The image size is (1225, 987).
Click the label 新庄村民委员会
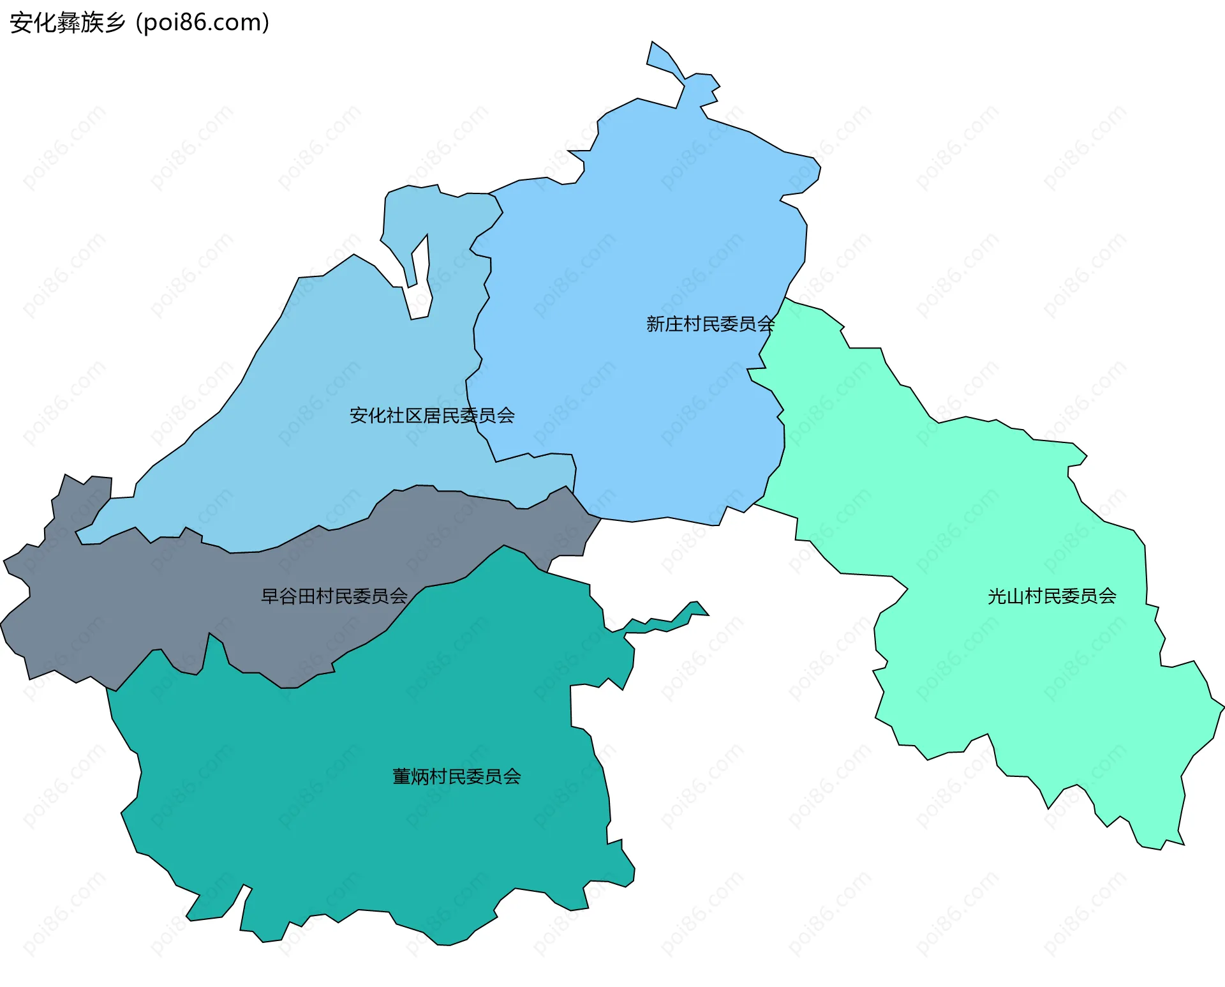[710, 324]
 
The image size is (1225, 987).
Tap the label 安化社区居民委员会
[432, 416]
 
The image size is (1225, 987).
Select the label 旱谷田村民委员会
[334, 596]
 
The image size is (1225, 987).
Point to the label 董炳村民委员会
[457, 777]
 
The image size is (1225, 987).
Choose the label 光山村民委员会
[1052, 596]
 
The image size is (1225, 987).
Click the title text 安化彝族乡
[68, 23]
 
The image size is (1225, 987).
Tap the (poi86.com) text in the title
[202, 23]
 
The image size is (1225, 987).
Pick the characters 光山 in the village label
[1006, 596]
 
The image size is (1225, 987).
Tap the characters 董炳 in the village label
[411, 777]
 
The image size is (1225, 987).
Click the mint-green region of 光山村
[1021, 670]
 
